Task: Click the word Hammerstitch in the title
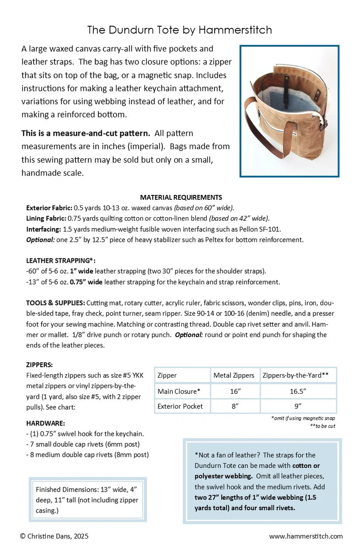pos(235,30)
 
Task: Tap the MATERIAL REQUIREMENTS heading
pos(181,197)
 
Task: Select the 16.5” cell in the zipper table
pos(298,391)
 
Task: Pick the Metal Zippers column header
pos(234,375)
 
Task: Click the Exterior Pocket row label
pos(180,406)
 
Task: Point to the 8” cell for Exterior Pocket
pos(235,406)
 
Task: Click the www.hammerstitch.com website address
pos(306,536)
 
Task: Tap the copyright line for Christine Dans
pos(54,536)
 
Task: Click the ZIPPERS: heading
pos(39,364)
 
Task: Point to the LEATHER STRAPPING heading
pos(60,261)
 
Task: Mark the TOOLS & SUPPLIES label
pos(56,302)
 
